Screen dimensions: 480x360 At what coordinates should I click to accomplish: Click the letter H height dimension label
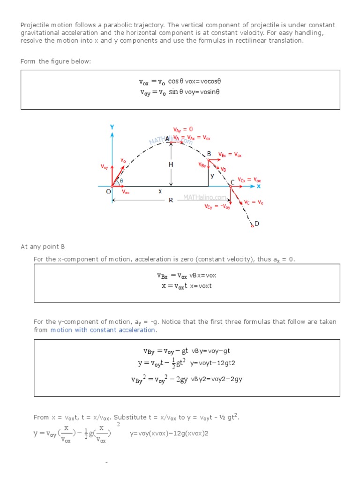click(171, 165)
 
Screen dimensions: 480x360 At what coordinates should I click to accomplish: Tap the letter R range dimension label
click(171, 200)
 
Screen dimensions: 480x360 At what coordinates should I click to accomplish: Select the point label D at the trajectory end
click(256, 224)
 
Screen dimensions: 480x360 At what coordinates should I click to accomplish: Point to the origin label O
click(108, 192)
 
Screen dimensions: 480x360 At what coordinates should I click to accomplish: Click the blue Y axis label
click(112, 127)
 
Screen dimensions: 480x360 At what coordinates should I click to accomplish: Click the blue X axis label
click(258, 186)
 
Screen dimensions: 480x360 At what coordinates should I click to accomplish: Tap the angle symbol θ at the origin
click(121, 180)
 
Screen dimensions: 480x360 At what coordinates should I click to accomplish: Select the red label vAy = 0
click(183, 129)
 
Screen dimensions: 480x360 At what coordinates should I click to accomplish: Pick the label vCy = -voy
click(217, 207)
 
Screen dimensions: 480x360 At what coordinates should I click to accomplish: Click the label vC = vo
click(254, 202)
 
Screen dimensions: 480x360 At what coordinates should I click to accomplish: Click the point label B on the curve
click(209, 154)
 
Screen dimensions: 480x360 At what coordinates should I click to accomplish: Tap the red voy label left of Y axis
click(104, 166)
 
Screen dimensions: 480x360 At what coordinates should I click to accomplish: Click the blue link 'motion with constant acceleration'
click(103, 330)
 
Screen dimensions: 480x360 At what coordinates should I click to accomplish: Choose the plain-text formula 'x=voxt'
click(201, 286)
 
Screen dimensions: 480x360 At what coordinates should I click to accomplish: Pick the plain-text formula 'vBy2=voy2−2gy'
click(217, 379)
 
